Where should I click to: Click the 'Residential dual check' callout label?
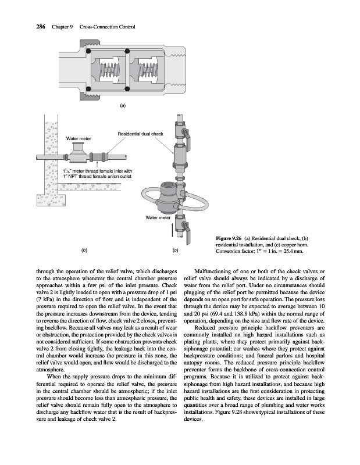pos(141,134)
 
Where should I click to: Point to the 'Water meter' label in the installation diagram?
pos(79,139)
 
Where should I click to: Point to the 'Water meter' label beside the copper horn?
pos(157,217)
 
